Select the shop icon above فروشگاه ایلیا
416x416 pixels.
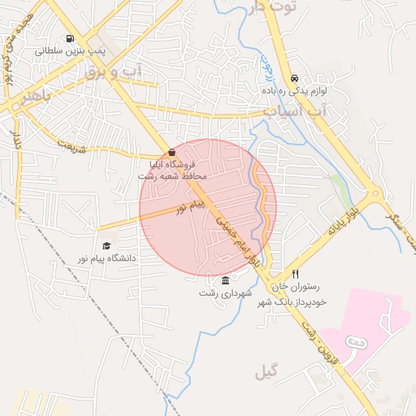171,153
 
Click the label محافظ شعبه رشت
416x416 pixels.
172,175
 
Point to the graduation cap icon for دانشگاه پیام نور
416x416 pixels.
106,245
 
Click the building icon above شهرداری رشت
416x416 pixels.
225,280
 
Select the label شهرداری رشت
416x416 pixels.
225,292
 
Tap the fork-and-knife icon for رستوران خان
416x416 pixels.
296,274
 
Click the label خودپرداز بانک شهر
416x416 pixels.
292,302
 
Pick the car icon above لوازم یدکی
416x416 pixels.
292,78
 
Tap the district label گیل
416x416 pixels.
265,373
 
